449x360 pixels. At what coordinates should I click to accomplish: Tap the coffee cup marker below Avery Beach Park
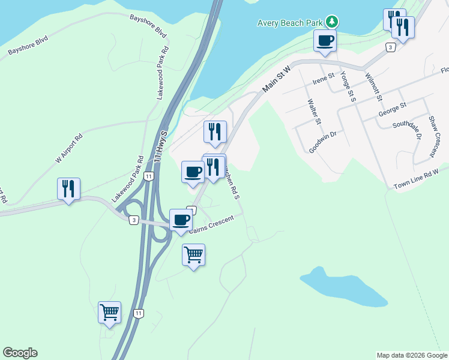pyautogui.click(x=325, y=41)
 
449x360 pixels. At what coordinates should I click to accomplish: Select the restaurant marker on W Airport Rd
pyautogui.click(x=68, y=189)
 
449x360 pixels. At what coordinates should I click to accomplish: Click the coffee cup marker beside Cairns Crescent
pyautogui.click(x=181, y=220)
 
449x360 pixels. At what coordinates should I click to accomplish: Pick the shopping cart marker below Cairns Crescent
pyautogui.click(x=193, y=255)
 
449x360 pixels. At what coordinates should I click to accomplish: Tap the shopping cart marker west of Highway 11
pyautogui.click(x=109, y=313)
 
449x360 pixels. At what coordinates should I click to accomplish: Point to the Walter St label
pyautogui.click(x=312, y=112)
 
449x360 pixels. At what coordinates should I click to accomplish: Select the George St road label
pyautogui.click(x=392, y=109)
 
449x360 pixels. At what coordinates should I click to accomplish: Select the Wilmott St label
pyautogui.click(x=373, y=88)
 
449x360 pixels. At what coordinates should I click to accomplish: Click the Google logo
pyautogui.click(x=20, y=353)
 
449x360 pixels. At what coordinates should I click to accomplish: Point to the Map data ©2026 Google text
pyautogui.click(x=411, y=355)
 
